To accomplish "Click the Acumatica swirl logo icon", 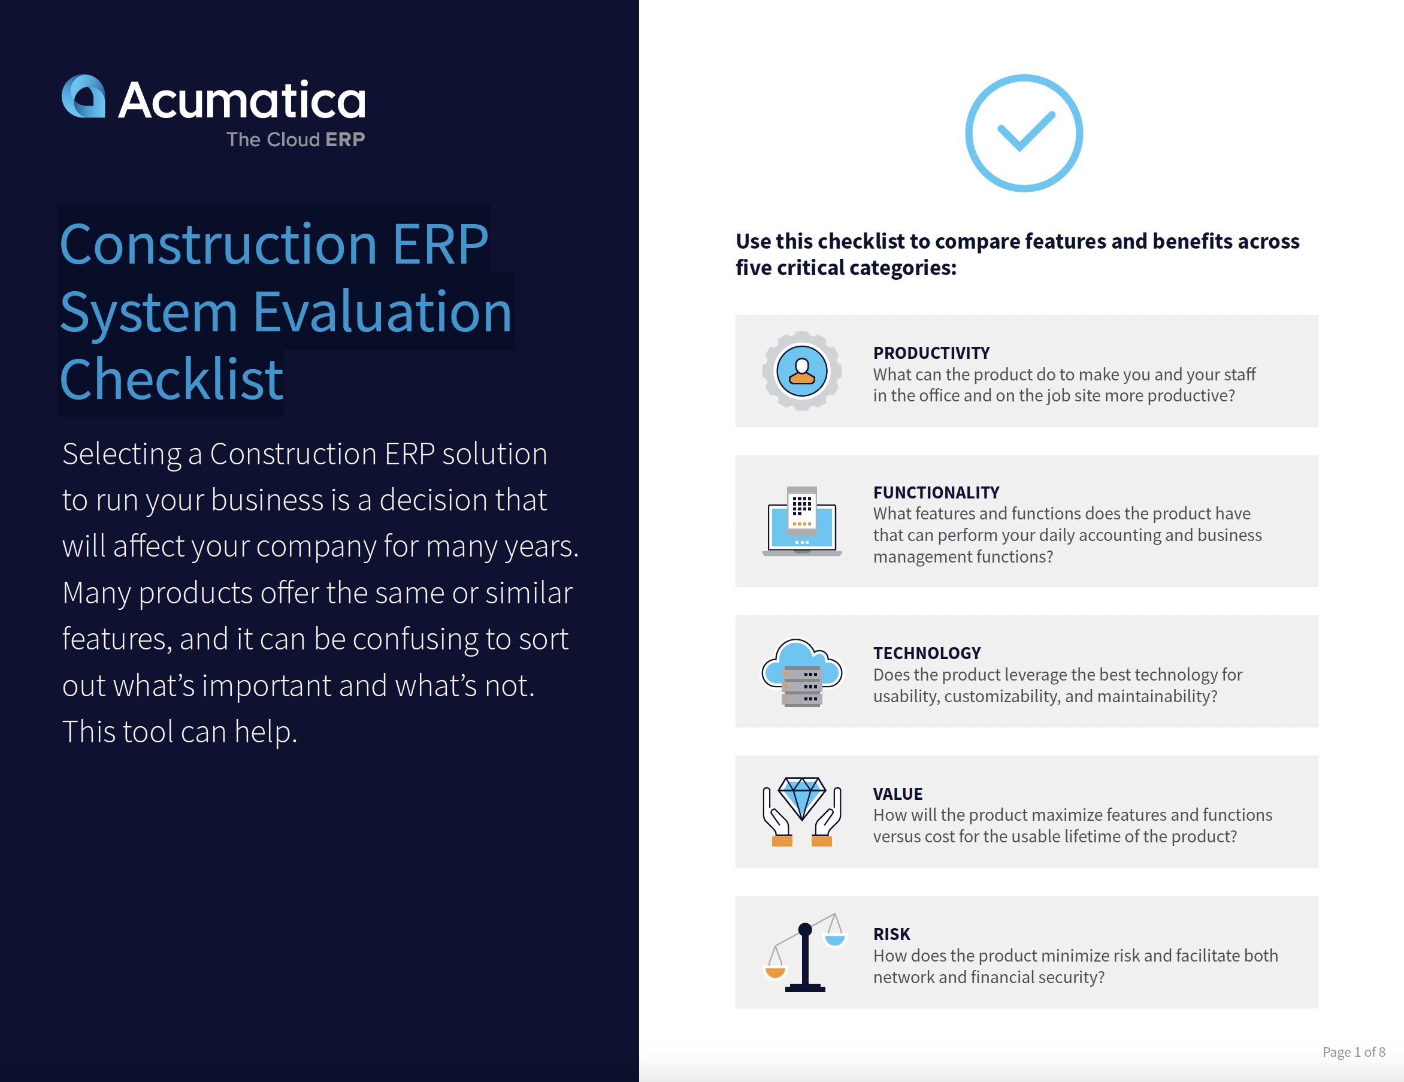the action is coord(84,96).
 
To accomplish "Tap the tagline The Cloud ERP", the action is coord(296,140).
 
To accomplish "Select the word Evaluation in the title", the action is coord(383,313).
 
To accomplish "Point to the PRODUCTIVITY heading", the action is coord(931,353).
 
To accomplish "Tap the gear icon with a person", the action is coord(801,371).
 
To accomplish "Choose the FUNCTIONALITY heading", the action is coord(936,492).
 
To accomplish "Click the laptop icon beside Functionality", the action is coord(801,521).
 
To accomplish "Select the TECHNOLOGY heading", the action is coord(927,653).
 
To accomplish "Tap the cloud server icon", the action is coord(801,672).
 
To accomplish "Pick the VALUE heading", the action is coord(897,794).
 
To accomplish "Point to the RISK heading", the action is coord(892,934).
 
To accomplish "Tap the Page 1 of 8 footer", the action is coord(1353,1052).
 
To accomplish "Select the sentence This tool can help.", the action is coord(180,732).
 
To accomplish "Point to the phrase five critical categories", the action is coord(846,268).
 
